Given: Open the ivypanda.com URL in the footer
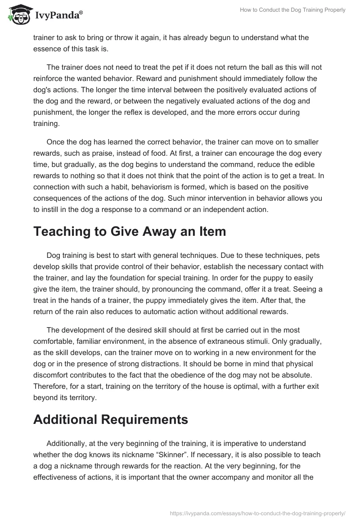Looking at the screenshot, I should (x=258, y=513).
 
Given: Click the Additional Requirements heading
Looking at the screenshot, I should (x=110, y=419).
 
